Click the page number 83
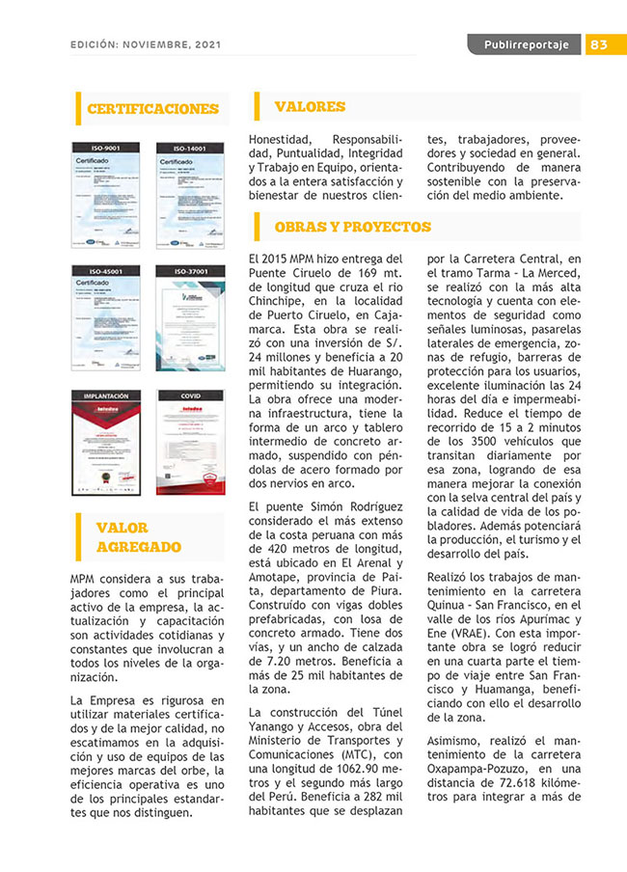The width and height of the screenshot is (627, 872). [598, 45]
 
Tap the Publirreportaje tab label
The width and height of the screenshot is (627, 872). [526, 45]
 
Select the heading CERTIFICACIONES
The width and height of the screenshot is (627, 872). [153, 109]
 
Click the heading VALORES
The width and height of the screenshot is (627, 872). [310, 106]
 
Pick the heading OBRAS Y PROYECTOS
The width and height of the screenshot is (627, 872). [352, 228]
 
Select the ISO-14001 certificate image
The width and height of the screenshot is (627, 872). [190, 194]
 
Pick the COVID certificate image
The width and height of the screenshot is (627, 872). [190, 443]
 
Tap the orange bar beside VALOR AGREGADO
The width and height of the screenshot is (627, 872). [79, 536]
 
